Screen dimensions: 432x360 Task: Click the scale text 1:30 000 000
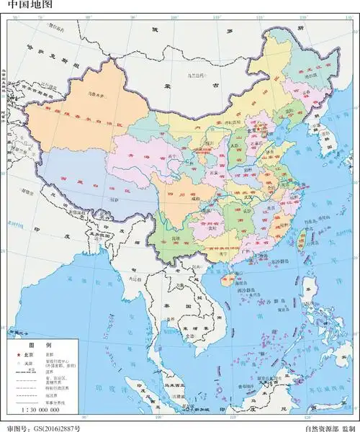coord(34,410)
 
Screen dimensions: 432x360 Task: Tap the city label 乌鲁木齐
coord(89,94)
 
